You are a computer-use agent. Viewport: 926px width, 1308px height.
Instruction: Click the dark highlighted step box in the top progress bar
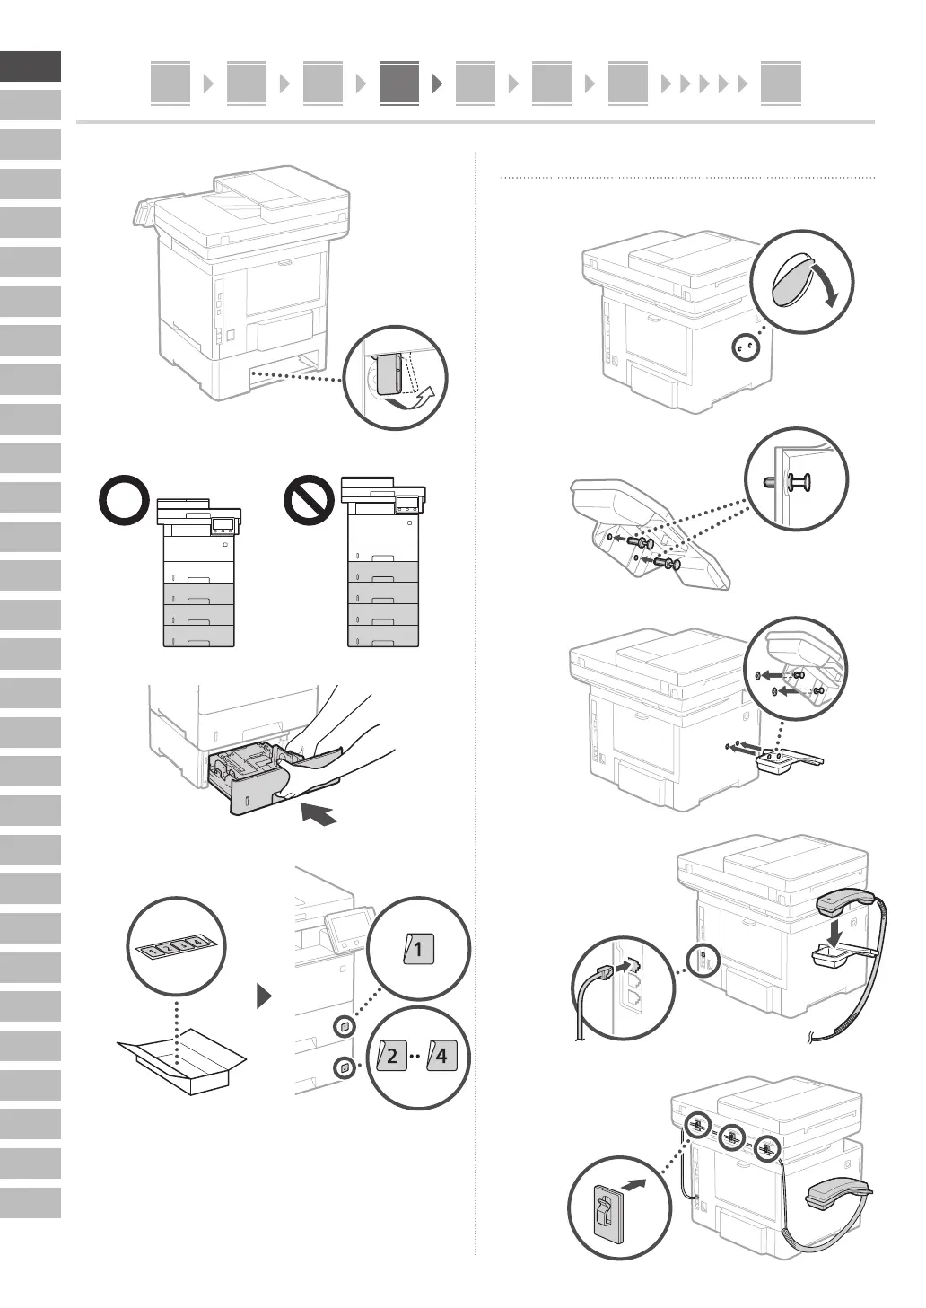pyautogui.click(x=398, y=83)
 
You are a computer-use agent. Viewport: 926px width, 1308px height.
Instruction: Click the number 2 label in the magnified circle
pyautogui.click(x=390, y=1056)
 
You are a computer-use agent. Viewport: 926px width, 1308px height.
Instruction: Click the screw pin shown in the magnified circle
pyautogui.click(x=789, y=482)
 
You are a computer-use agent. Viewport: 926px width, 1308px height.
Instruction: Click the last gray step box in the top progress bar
pyautogui.click(x=781, y=83)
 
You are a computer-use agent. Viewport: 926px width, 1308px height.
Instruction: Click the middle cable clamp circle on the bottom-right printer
pyautogui.click(x=731, y=1139)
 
